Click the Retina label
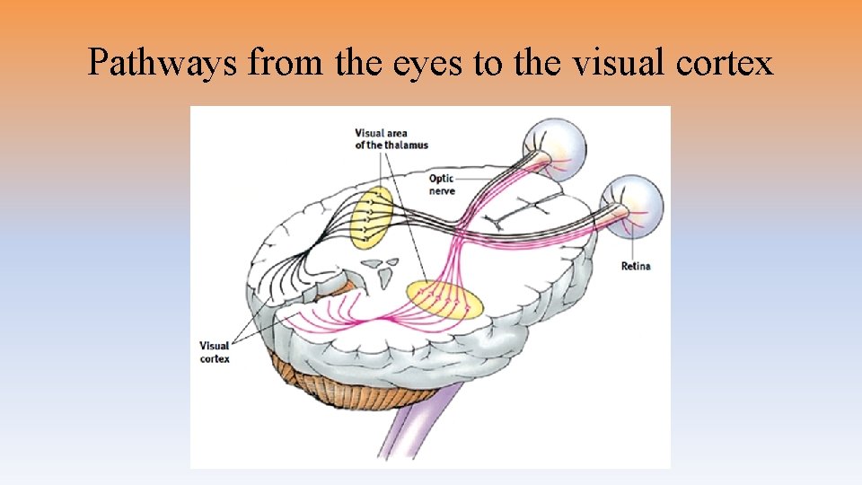(635, 266)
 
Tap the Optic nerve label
(442, 185)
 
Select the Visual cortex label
(215, 351)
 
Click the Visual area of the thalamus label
(391, 139)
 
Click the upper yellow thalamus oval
(371, 216)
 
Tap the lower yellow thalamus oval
(444, 300)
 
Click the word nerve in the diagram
(442, 191)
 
